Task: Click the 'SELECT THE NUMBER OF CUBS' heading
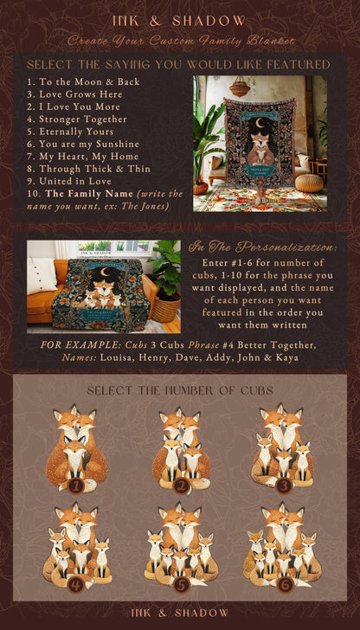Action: tap(179, 391)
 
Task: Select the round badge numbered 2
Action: tap(180, 485)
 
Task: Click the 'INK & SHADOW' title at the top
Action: tap(179, 20)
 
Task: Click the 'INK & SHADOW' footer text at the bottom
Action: tap(179, 613)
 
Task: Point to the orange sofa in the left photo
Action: tap(43, 299)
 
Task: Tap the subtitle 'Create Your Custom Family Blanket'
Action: tap(179, 41)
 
